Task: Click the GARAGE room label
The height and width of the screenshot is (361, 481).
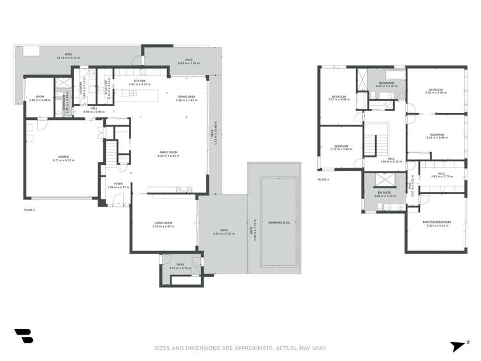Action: tap(64, 156)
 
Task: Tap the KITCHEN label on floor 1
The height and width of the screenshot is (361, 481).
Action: tap(139, 82)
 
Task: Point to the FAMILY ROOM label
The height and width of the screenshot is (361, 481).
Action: tap(168, 152)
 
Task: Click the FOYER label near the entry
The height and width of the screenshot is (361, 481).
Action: tap(118, 184)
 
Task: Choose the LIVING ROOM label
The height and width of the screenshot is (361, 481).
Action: tap(162, 223)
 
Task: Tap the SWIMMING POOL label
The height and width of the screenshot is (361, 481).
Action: tap(279, 222)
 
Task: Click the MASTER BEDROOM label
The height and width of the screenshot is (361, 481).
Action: tap(437, 222)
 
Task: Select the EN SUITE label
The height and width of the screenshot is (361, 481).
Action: tap(384, 193)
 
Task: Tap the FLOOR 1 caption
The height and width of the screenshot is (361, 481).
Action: tap(30, 209)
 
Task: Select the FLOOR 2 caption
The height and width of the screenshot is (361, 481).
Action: tap(323, 179)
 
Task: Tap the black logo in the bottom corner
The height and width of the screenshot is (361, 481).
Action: tap(23, 335)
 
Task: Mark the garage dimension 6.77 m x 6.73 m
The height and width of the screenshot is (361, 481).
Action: tap(64, 160)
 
